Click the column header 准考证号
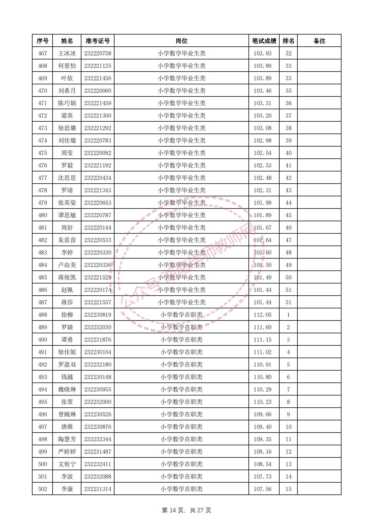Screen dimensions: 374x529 point(98,41)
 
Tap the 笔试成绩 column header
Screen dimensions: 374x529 point(264,41)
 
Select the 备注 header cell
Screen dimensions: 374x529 point(319,41)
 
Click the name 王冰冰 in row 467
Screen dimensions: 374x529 point(67,53)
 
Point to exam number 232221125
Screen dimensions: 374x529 point(98,66)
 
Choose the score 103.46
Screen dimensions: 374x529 point(262,91)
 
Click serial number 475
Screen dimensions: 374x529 point(42,153)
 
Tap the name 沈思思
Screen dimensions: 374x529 point(67,178)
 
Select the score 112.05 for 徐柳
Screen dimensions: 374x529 point(262,315)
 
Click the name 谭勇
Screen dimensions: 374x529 point(67,340)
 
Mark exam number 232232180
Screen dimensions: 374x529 point(98,365)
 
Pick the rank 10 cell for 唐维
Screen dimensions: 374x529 point(288,427)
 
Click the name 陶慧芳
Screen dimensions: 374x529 point(67,439)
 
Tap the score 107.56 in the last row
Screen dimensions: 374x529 point(262,489)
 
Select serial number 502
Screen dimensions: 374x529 point(42,489)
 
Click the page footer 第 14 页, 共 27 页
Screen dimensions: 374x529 point(187,510)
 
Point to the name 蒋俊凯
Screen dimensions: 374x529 point(67,278)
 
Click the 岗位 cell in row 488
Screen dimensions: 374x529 point(181,315)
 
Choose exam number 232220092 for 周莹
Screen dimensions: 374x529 point(98,153)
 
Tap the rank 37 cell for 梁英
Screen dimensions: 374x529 point(288,116)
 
